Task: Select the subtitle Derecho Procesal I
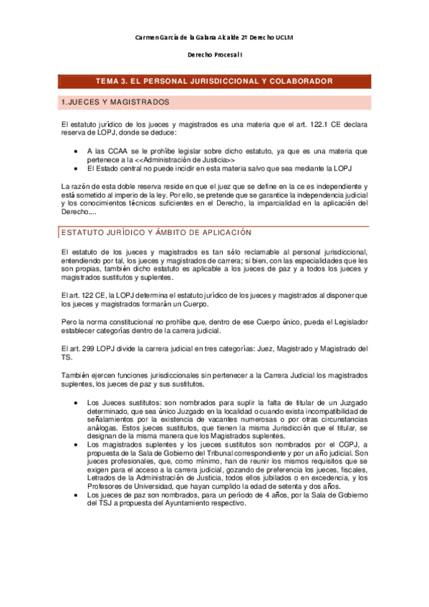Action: [214, 54]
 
